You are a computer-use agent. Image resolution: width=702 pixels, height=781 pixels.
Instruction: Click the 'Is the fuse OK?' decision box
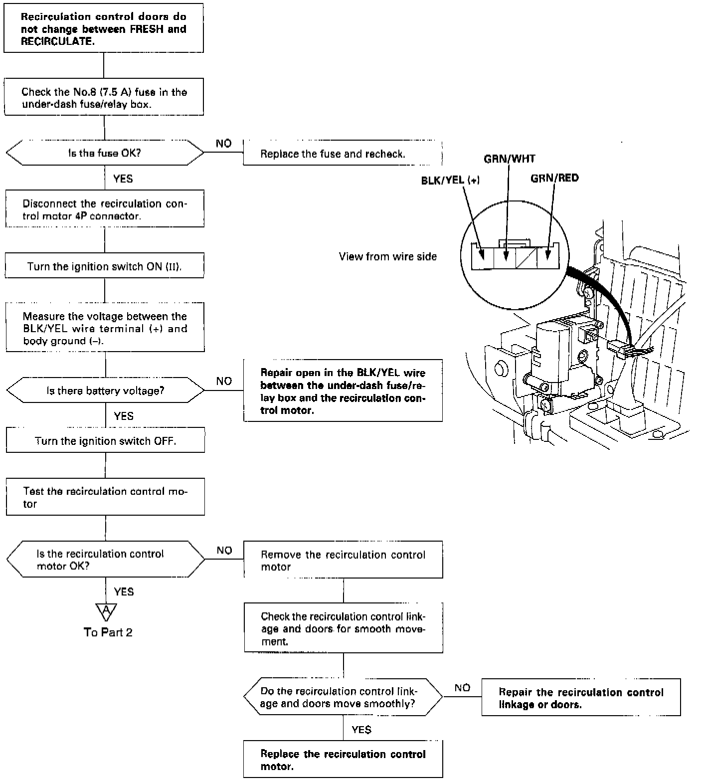point(105,153)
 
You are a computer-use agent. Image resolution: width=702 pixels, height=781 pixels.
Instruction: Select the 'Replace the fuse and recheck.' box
point(343,153)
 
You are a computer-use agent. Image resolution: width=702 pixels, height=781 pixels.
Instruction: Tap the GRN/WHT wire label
point(509,159)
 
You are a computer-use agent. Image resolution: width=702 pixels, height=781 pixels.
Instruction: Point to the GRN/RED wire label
point(554,178)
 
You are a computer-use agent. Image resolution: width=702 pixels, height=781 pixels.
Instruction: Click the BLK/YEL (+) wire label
point(450,181)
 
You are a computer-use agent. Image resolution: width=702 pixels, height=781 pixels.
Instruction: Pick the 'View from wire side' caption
point(387,256)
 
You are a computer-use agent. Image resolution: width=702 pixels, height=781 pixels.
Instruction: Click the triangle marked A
point(106,610)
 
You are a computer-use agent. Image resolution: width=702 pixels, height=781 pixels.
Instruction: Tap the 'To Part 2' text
point(108,632)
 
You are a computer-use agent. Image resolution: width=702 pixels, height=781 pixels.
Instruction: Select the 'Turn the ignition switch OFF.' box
point(105,440)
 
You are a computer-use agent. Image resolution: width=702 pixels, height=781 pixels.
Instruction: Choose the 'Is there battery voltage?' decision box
point(105,390)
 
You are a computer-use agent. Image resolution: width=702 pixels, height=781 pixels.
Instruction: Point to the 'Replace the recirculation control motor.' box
point(343,759)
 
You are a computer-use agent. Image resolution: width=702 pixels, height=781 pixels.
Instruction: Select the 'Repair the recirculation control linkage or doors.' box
point(581,697)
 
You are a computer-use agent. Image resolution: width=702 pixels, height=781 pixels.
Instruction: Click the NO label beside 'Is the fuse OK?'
point(224,144)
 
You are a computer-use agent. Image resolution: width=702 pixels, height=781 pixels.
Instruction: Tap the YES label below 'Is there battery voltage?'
point(124,416)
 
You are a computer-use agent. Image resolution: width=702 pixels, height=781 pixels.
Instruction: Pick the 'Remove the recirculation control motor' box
point(343,560)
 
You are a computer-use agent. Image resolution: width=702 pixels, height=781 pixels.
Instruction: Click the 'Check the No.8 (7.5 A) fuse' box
point(104,97)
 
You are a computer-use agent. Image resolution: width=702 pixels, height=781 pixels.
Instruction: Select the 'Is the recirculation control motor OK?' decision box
point(105,560)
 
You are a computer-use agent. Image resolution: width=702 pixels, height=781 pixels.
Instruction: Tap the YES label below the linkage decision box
point(361,730)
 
